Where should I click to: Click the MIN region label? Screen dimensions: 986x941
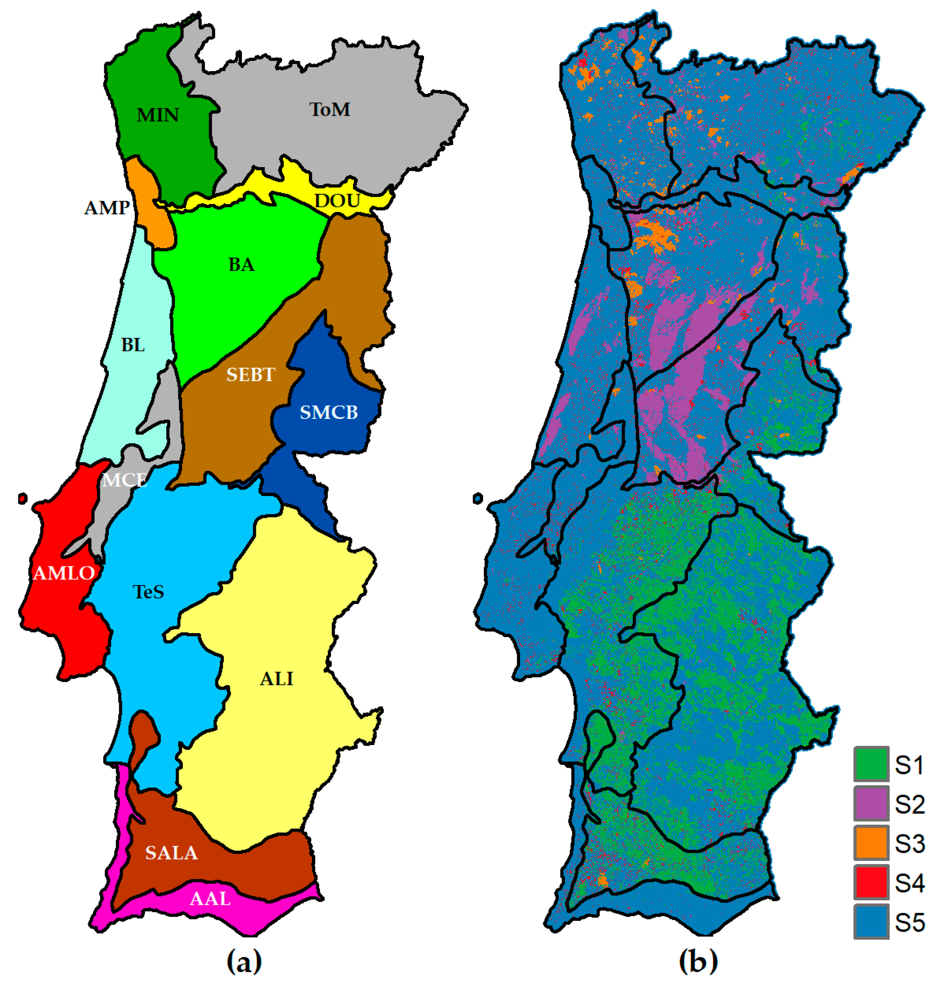pos(157,115)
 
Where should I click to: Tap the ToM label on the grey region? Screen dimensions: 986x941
pos(330,110)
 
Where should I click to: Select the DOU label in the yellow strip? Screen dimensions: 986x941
pos(337,201)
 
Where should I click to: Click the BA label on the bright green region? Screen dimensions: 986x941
pos(241,265)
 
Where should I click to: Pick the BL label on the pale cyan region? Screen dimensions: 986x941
pos(133,345)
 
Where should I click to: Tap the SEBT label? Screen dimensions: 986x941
pos(250,375)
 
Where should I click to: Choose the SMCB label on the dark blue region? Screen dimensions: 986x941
pos(328,413)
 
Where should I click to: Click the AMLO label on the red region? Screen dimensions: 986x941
pos(64,573)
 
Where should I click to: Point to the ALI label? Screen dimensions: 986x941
pos(277,679)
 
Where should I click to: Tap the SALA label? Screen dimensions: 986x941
pos(171,853)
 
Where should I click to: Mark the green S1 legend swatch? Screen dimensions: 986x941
pos(871,764)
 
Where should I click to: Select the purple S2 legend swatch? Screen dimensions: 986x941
pos(871,803)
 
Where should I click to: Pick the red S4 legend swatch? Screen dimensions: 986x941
pos(871,882)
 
